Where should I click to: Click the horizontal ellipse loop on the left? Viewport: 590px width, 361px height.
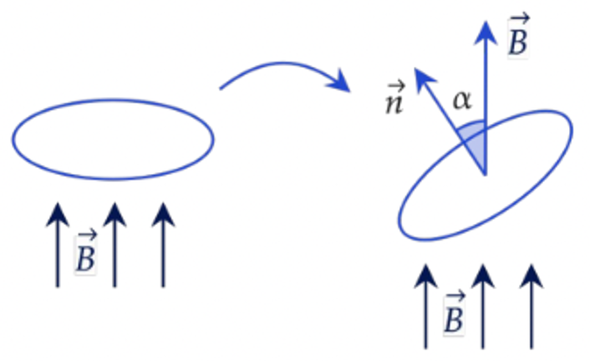113,100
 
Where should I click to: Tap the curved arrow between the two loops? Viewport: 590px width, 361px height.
282,64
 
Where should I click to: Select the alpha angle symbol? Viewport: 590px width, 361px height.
461,100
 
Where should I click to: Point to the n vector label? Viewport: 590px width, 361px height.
394,98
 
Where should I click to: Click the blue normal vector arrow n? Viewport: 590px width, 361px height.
450,122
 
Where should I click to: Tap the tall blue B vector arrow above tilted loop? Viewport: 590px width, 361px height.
486,98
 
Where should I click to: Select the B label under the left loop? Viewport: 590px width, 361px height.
86,252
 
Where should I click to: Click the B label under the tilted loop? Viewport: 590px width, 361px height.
454,313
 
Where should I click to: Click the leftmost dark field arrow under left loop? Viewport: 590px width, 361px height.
58,245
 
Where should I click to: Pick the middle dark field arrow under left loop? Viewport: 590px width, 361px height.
114,245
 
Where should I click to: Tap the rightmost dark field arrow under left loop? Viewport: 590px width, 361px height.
163,245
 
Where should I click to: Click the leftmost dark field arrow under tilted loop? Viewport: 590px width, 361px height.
425,307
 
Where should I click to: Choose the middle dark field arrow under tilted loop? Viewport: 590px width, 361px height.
483,307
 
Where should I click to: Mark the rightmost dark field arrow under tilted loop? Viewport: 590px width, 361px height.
532,307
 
